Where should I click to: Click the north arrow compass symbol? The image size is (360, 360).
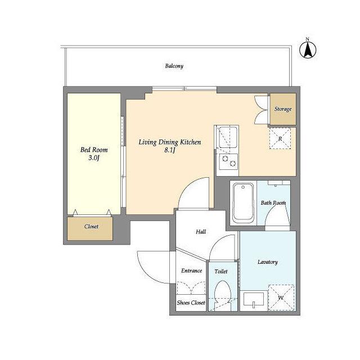point(308,50)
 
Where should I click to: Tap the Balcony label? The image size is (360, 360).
point(174,66)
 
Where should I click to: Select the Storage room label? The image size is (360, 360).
point(283,109)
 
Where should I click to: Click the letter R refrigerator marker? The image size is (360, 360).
point(280,139)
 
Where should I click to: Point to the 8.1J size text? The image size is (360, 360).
point(170,150)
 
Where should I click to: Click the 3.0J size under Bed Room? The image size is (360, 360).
point(94,157)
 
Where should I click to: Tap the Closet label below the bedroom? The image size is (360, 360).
point(91,226)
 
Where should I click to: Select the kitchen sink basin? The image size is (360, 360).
point(228,137)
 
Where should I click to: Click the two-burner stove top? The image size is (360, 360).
point(228,161)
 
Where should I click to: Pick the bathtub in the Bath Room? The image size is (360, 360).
point(243,202)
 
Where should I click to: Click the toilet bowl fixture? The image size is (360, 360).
point(222,292)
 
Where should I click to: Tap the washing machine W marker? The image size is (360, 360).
point(281,298)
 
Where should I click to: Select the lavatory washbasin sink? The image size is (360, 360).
point(254,299)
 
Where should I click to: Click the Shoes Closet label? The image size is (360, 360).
point(191,303)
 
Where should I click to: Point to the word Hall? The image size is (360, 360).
point(201,232)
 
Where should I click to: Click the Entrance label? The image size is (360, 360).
point(191,271)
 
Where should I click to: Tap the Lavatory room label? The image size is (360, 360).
point(268,262)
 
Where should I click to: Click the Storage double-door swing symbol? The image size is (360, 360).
point(261,110)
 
